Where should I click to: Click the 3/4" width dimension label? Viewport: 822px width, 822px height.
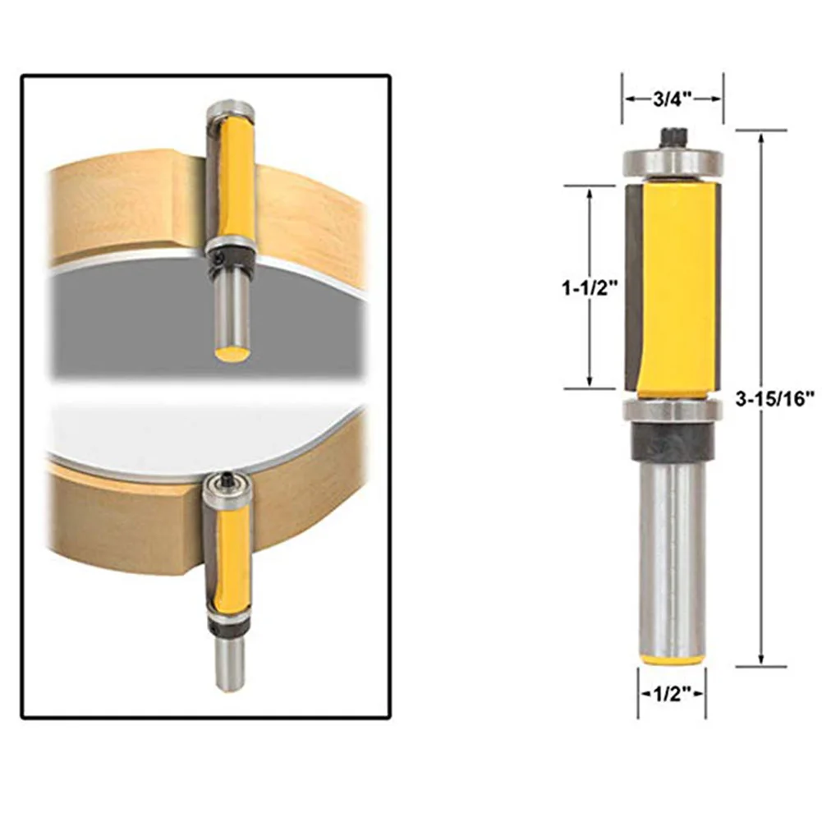672,99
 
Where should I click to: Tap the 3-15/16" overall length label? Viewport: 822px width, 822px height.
775,397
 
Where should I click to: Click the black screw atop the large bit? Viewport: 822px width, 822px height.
671,136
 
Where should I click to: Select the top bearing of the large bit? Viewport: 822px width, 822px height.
672,163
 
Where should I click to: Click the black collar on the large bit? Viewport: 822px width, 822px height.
672,443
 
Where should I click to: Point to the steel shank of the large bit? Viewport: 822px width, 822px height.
672,550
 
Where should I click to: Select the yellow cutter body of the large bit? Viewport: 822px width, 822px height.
682,287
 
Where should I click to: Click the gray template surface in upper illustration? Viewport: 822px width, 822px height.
123,320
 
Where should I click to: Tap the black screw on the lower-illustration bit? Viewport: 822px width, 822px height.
226,478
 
